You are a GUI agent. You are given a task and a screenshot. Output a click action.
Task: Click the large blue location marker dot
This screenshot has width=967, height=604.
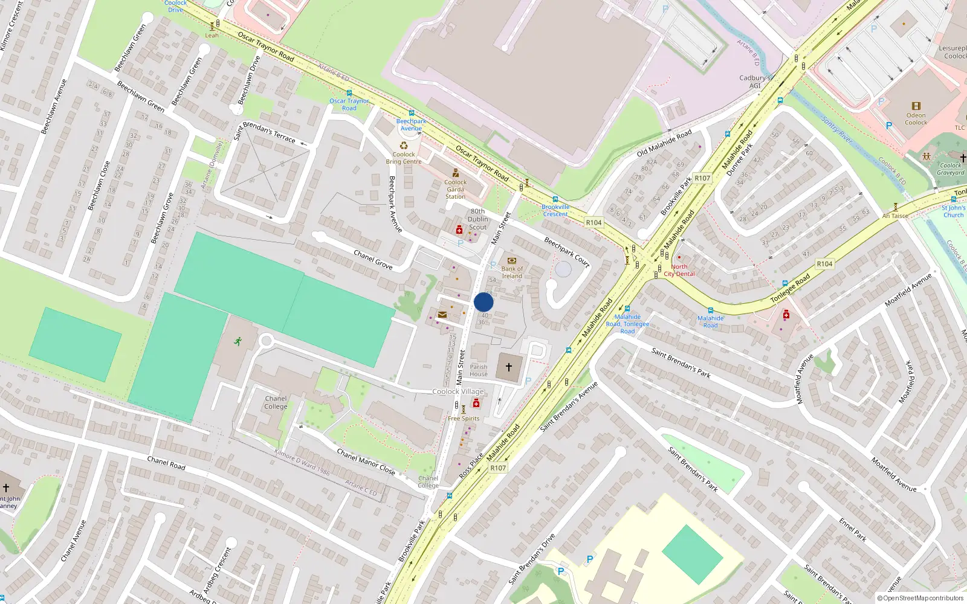point(483,302)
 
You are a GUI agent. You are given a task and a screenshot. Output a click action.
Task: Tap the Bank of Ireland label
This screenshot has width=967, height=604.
point(512,272)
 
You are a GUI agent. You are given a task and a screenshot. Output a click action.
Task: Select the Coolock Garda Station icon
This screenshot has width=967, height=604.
point(455,173)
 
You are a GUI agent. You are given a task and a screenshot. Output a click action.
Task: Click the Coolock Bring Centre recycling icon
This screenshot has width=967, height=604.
point(404,146)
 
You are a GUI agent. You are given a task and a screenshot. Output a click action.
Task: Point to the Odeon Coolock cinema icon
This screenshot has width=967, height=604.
point(916,106)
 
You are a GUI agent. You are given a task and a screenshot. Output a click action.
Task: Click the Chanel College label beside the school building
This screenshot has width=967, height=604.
point(276,402)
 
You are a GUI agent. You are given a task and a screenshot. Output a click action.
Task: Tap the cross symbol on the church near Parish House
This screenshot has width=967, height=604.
point(509,367)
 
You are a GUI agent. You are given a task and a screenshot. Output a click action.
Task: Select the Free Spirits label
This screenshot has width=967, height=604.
point(464,418)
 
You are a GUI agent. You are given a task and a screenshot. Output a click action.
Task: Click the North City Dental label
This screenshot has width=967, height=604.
point(679,270)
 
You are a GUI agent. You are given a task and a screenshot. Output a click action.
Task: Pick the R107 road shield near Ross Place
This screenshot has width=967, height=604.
point(498,468)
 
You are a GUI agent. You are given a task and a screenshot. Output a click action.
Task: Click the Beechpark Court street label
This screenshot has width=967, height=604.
point(567,251)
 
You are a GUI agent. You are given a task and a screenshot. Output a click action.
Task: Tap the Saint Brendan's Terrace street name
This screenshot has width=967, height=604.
point(265,132)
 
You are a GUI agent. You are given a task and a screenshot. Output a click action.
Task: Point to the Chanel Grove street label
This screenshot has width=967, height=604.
point(373,260)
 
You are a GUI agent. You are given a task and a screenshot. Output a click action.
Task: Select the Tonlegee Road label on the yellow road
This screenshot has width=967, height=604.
point(790,289)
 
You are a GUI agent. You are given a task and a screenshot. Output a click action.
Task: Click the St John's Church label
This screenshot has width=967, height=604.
point(953,211)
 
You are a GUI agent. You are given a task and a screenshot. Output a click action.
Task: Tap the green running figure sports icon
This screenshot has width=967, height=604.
point(238,341)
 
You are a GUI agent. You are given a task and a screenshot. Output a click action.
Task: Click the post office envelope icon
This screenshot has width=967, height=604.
point(442,315)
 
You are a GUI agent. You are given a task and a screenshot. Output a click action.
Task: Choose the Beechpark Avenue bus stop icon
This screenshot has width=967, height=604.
point(412,113)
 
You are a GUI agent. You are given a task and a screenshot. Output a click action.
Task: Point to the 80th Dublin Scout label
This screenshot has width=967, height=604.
point(477,219)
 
